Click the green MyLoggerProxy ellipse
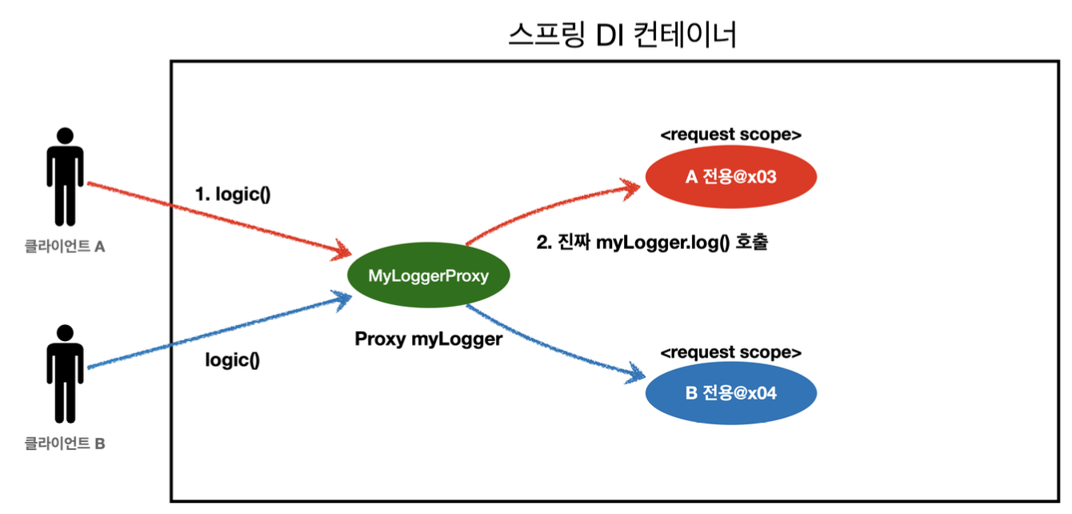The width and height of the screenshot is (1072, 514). [428, 276]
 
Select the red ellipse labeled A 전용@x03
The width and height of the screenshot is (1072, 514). [730, 178]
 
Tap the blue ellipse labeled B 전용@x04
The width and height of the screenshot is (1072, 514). [730, 394]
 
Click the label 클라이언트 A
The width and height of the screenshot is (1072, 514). [65, 247]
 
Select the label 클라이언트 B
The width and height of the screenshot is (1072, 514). [65, 443]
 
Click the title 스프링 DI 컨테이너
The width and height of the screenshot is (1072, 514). [622, 36]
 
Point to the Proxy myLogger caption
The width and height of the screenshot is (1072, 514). [428, 339]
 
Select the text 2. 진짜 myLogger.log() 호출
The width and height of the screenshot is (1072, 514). [652, 243]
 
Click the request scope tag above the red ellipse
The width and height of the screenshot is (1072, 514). [730, 135]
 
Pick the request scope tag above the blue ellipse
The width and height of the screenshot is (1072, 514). [730, 352]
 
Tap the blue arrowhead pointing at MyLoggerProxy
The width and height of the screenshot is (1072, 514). [342, 299]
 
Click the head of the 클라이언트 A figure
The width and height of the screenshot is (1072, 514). [64, 136]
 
